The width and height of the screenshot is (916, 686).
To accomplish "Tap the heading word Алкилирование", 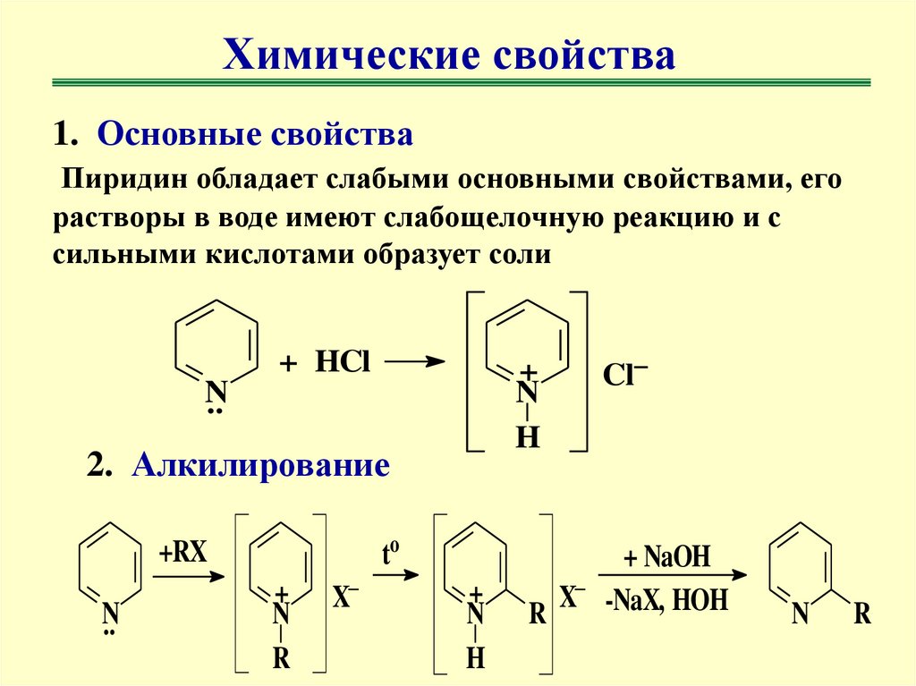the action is coord(261,466).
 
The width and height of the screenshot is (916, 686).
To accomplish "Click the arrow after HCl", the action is coord(416,362).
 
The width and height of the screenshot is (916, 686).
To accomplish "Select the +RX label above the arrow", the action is coord(184,553).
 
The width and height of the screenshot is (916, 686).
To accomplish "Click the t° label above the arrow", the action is coord(390,555).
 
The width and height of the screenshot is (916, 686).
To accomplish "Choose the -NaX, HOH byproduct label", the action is coord(666,600).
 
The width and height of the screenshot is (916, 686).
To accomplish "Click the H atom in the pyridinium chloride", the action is coord(529,438).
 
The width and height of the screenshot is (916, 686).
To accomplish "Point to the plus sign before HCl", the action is coord(287,364).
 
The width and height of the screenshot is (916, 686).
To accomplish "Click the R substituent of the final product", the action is coord(862,614).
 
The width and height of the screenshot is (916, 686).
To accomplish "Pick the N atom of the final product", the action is coord(801,614).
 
